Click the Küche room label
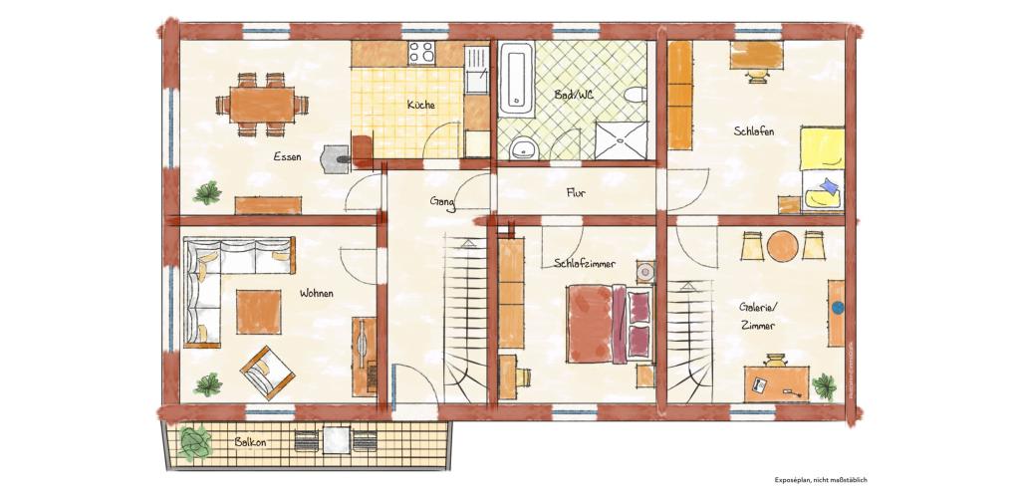(421, 105)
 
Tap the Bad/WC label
(574, 95)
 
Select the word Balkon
(250, 441)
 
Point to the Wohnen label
(316, 294)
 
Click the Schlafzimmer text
(585, 264)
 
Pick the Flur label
(575, 192)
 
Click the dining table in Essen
(262, 105)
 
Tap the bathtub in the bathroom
(517, 79)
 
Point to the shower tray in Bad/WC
(622, 140)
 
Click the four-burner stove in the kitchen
(421, 53)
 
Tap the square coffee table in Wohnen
(259, 312)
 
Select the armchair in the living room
(267, 373)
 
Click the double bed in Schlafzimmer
(609, 324)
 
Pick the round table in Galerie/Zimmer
(783, 246)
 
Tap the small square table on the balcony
(337, 440)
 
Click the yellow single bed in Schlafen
(823, 169)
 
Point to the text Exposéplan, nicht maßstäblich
(821, 480)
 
